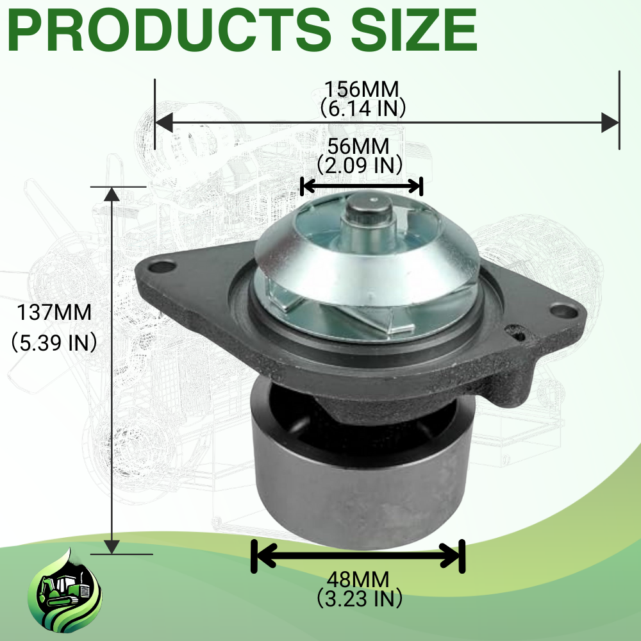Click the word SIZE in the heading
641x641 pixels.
point(413,30)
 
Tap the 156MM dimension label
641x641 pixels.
point(362,89)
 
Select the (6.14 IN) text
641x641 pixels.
point(362,108)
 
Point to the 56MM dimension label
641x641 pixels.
point(358,146)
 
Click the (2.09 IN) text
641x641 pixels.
point(360,165)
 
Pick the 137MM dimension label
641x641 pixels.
point(54,313)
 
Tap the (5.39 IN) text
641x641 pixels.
point(54,342)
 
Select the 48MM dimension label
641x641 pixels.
point(358,579)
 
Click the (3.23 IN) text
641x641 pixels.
point(360,599)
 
